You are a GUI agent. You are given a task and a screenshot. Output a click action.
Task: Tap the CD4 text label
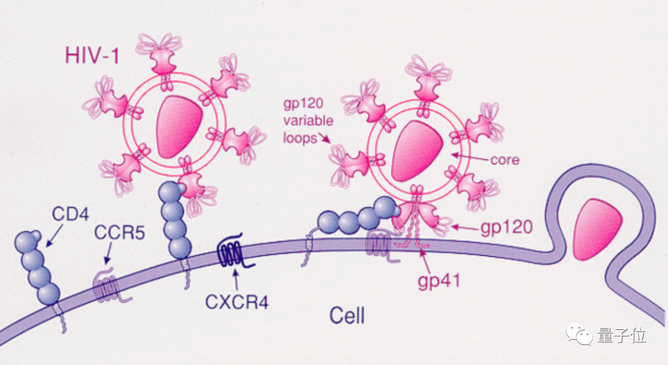[69, 215]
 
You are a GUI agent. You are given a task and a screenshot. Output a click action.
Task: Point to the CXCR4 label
[236, 303]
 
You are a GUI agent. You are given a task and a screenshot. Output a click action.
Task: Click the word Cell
[346, 316]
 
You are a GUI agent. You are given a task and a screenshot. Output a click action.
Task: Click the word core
[504, 160]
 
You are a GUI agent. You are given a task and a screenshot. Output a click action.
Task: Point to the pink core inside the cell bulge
[593, 228]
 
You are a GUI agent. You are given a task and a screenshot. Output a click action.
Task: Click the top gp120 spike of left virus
[162, 59]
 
